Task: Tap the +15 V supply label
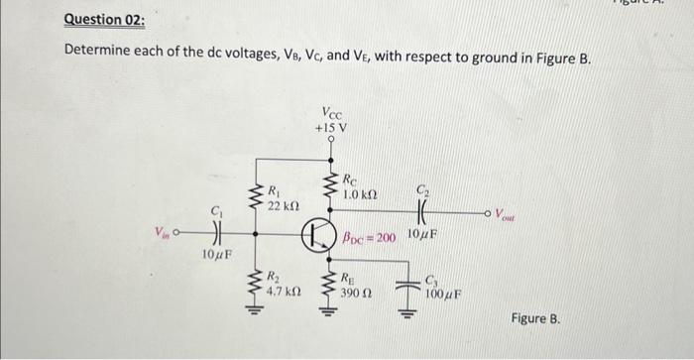tap(330, 129)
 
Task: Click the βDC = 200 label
tap(369, 239)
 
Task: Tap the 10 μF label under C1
tap(216, 256)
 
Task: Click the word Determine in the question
tap(102, 52)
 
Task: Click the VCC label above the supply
tap(332, 112)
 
